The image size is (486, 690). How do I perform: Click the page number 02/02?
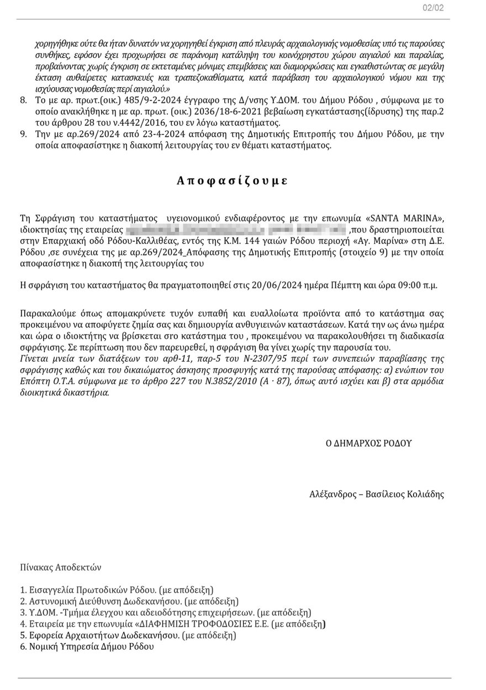point(432,8)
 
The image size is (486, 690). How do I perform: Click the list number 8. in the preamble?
point(23,101)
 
